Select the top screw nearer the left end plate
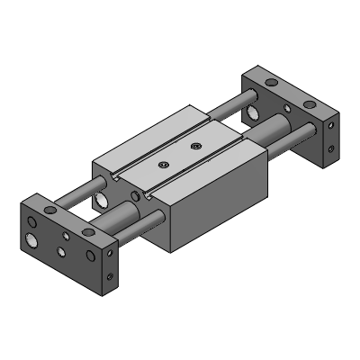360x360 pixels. tap(163, 164)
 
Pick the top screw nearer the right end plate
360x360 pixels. tap(195, 145)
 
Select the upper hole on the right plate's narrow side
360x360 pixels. tap(333, 124)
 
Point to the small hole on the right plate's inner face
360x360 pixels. tap(288, 112)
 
